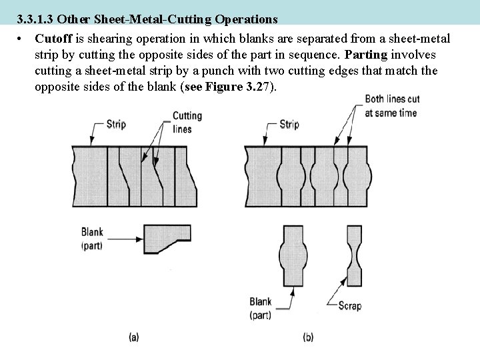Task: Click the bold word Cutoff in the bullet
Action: tap(52, 39)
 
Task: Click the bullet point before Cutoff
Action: tap(22, 39)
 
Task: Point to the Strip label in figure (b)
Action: tap(289, 124)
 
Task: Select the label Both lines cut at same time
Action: tap(390, 107)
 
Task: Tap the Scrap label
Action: tap(349, 307)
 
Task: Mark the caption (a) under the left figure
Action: tap(134, 338)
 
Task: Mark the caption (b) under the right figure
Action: tap(307, 338)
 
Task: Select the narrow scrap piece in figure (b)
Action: tap(355, 256)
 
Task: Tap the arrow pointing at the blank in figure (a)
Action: tap(129, 237)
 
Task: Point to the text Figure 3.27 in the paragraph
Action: tap(224, 87)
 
